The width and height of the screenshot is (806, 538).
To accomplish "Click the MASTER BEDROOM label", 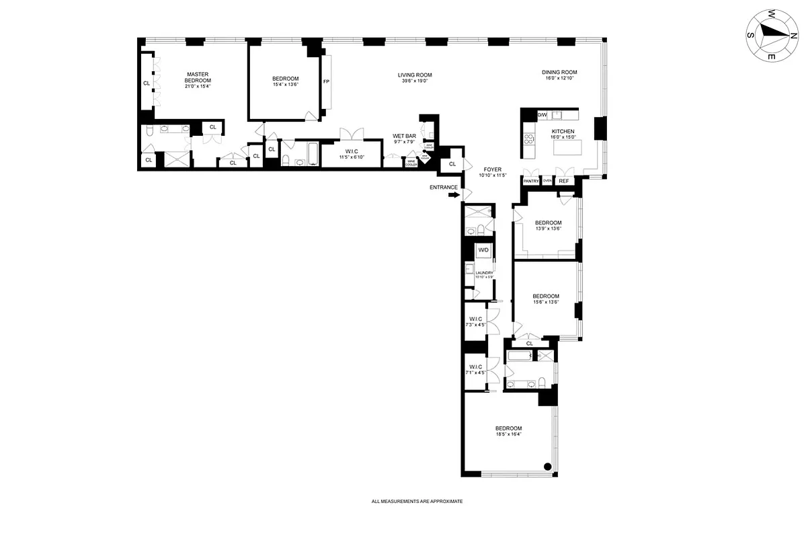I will point(198,77).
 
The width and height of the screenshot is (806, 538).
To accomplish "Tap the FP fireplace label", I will point(326,82).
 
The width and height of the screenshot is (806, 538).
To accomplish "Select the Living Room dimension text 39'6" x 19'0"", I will point(414,81).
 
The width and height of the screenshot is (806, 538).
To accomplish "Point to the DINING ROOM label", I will point(559,73).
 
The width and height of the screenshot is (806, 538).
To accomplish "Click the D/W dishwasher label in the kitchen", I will point(542,115).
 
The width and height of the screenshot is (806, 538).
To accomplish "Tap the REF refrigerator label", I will point(563,181).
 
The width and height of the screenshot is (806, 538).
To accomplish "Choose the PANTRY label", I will point(531,181).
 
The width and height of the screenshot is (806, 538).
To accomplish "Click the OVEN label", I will point(547,181).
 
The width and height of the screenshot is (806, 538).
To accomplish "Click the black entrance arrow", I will point(454,195).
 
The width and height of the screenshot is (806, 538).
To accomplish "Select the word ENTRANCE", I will point(444,187).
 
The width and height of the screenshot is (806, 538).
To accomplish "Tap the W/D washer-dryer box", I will point(483,251).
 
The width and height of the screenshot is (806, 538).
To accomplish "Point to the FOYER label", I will point(492,169).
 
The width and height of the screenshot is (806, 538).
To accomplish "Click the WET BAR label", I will point(405,137).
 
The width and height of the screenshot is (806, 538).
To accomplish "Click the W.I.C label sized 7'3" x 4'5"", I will point(476,321).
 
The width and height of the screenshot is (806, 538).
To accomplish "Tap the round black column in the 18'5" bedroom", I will point(547,467).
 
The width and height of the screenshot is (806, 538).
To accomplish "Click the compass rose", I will point(768,36).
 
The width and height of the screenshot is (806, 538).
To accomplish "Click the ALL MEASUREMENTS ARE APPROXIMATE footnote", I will point(417,502).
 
